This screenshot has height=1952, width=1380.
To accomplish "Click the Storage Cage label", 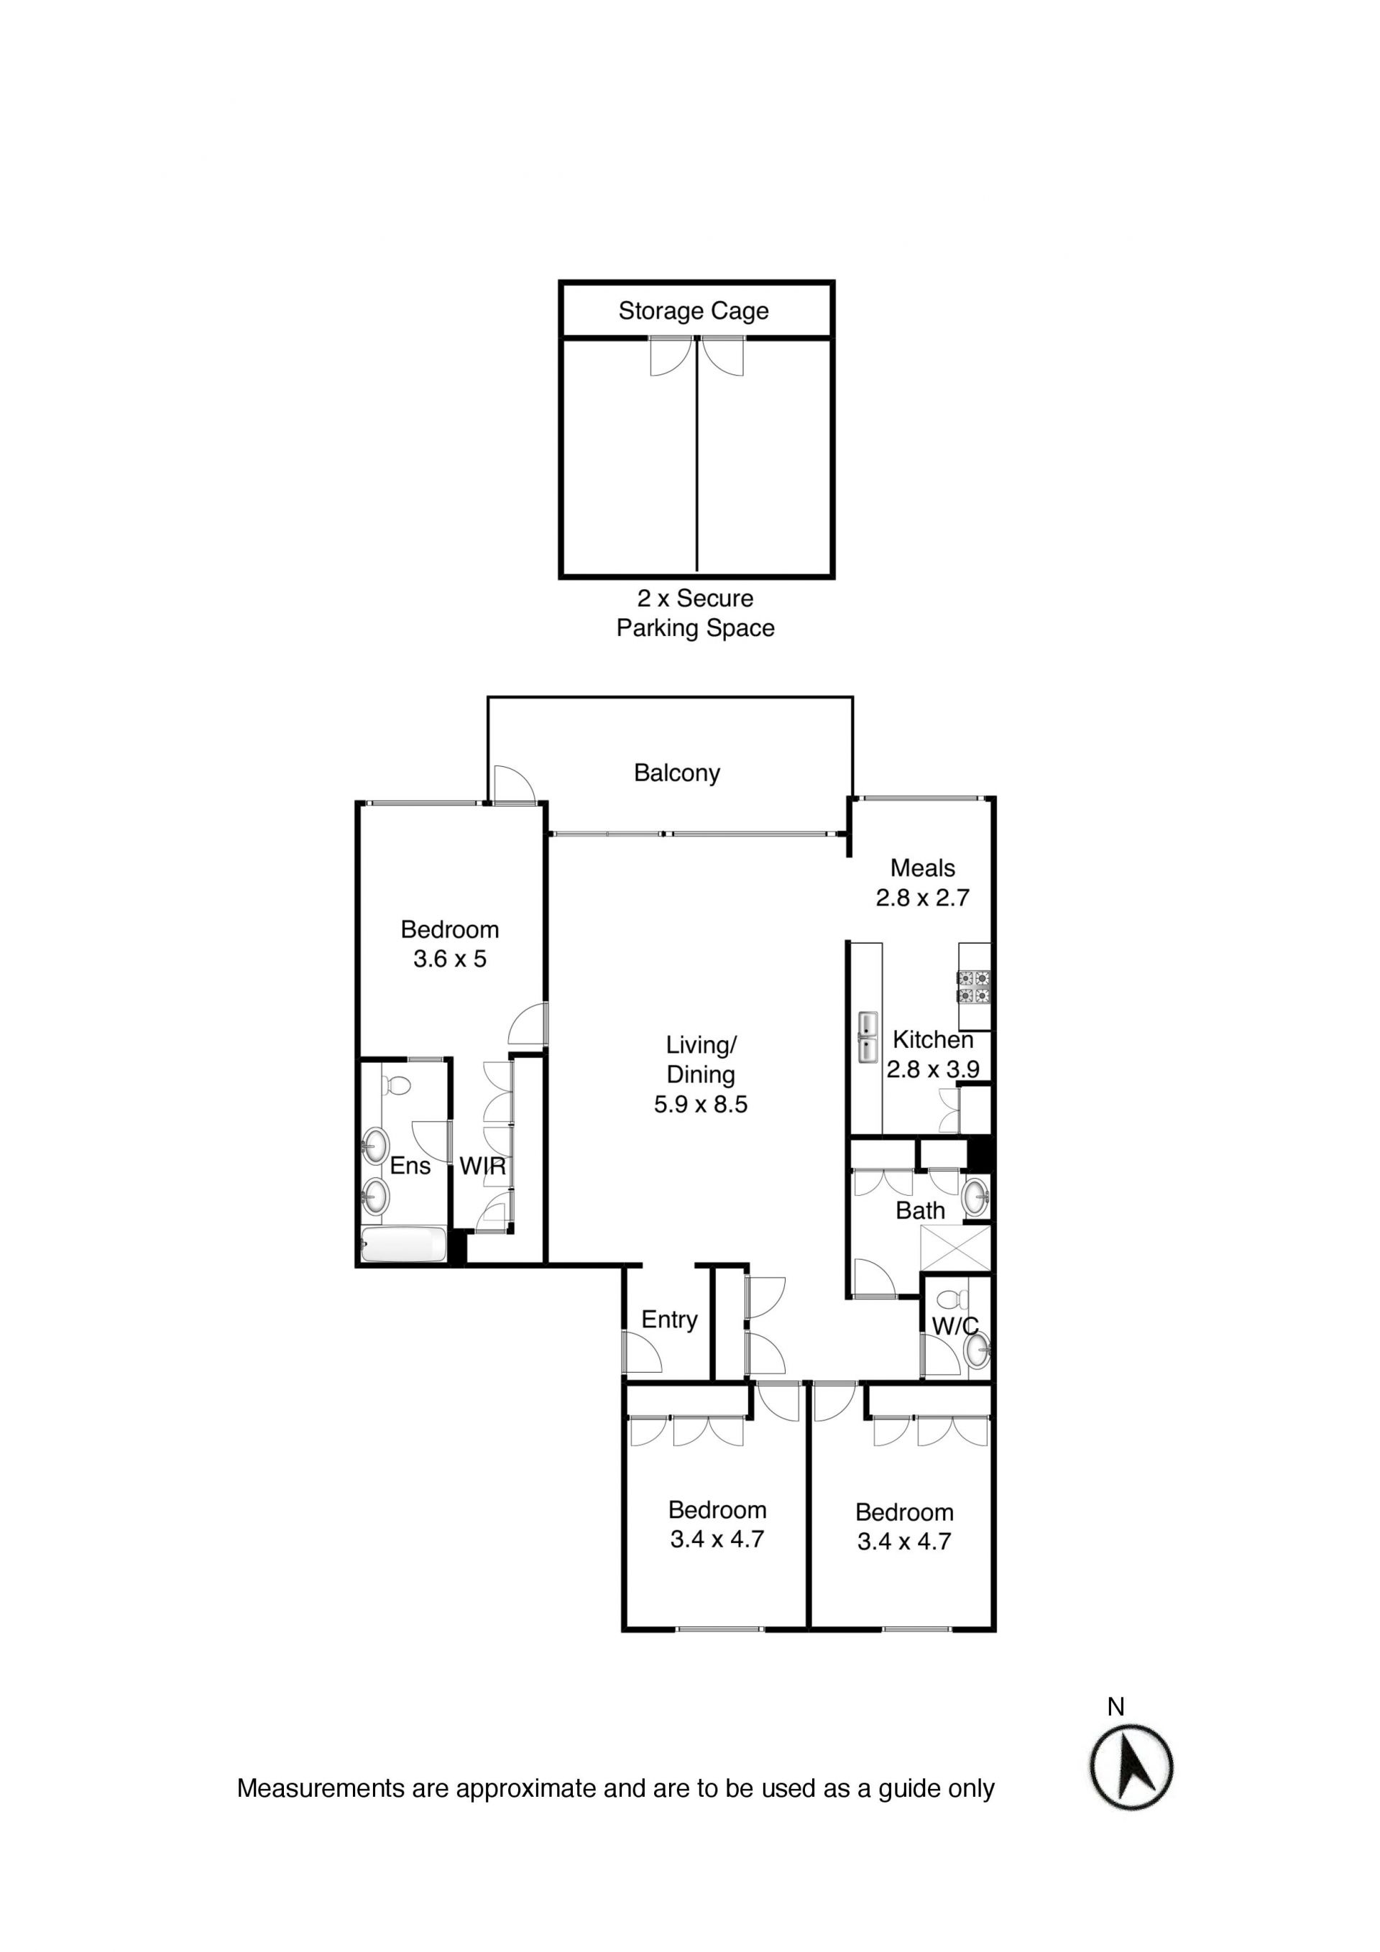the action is point(693,311).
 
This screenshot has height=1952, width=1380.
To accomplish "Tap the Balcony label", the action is point(677,773).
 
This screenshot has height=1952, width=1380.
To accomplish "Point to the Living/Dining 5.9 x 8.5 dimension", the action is point(701,1105).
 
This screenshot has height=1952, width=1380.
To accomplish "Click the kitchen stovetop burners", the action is point(975,987).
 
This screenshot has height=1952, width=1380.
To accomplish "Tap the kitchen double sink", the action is point(868,1036).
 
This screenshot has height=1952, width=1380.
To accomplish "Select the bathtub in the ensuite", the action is point(404,1245).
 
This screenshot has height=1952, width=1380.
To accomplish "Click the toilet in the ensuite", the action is point(395,1086).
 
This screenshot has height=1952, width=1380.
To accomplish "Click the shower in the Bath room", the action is point(956,1248).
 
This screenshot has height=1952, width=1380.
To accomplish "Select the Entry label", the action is point(669,1320).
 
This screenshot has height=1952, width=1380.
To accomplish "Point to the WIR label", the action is point(482,1166).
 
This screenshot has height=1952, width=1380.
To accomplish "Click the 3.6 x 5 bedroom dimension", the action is point(450,959).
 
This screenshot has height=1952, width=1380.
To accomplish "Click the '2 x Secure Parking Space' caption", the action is point(696,613).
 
